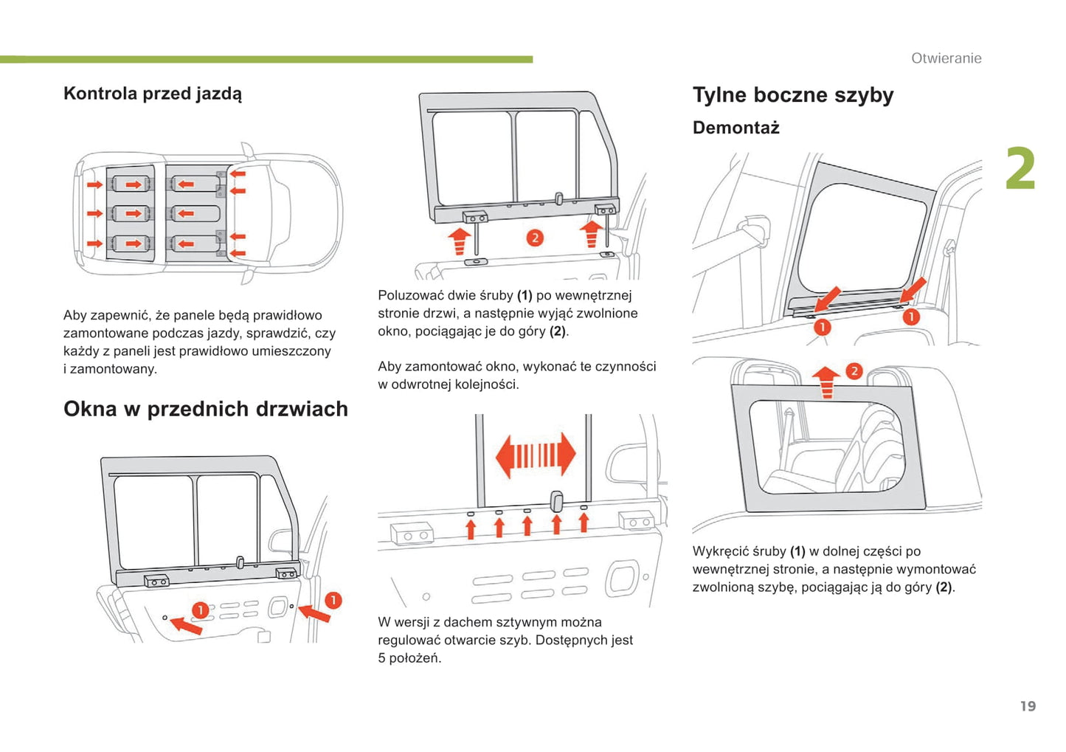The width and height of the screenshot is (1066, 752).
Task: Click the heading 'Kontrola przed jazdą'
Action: (153, 94)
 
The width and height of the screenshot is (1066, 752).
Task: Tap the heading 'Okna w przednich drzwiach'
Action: (206, 409)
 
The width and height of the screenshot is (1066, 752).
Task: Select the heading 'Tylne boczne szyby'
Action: (793, 95)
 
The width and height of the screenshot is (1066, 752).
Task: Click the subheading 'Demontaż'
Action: (736, 128)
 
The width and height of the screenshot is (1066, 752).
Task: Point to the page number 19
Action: (1028, 706)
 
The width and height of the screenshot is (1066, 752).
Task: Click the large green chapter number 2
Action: (1020, 169)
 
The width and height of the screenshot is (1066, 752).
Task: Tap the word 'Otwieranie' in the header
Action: (946, 58)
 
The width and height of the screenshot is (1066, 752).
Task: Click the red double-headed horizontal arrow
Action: (536, 455)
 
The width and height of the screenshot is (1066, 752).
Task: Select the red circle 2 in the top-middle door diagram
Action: (535, 238)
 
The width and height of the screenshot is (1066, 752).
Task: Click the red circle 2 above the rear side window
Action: (854, 370)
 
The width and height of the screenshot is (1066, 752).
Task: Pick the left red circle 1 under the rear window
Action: (822, 326)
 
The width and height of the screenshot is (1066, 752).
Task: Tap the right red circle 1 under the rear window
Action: (911, 317)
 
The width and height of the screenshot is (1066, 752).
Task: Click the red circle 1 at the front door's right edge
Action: (333, 600)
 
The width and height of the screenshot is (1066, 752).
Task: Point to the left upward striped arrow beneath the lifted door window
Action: (460, 241)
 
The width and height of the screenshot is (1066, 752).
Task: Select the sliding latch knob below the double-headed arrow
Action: (557, 502)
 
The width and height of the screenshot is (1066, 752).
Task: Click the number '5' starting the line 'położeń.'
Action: (382, 658)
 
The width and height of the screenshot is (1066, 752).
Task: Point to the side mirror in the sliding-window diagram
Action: (626, 466)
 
